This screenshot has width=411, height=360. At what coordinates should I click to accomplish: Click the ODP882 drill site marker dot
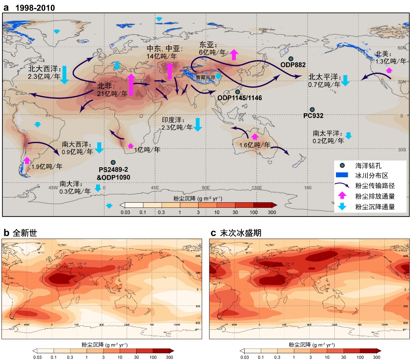pyautogui.click(x=291, y=59)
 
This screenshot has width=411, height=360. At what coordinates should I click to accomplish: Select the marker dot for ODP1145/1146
pyautogui.click(x=237, y=92)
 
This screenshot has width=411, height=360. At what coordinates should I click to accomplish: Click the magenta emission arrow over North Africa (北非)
pyautogui.click(x=131, y=85)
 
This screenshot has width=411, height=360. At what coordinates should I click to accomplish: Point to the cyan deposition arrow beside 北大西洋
pyautogui.click(x=64, y=75)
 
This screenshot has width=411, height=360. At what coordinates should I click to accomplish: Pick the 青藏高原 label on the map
pyautogui.click(x=205, y=77)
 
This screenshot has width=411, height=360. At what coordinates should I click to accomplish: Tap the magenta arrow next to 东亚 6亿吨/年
pyautogui.click(x=234, y=54)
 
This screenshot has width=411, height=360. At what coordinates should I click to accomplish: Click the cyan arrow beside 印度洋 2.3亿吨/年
pyautogui.click(x=197, y=124)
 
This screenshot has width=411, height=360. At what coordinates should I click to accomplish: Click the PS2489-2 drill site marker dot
pyautogui.click(x=113, y=162)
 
